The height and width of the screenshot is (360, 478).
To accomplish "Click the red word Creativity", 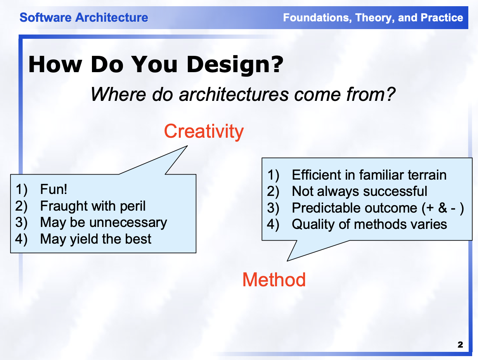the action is coord(204,131).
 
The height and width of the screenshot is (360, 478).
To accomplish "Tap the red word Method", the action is coord(274,280).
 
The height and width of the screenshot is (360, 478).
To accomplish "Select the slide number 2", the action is coord(460,345).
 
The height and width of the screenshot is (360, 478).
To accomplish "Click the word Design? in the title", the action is coord(235,65).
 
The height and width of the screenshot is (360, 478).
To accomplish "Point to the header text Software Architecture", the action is coord(84,17).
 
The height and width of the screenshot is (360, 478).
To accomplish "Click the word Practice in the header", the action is coord(442,17).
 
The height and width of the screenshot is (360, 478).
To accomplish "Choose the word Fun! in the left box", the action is coord(54,189).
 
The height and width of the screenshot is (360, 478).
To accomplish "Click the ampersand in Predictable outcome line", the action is coord(443,208).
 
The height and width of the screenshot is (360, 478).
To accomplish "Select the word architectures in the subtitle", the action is coord(234,95).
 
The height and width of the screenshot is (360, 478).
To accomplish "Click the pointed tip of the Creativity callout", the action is coord(187,146).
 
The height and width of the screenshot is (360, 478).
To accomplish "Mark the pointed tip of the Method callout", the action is coord(287,261).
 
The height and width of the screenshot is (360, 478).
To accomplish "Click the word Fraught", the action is coord(63,206).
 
